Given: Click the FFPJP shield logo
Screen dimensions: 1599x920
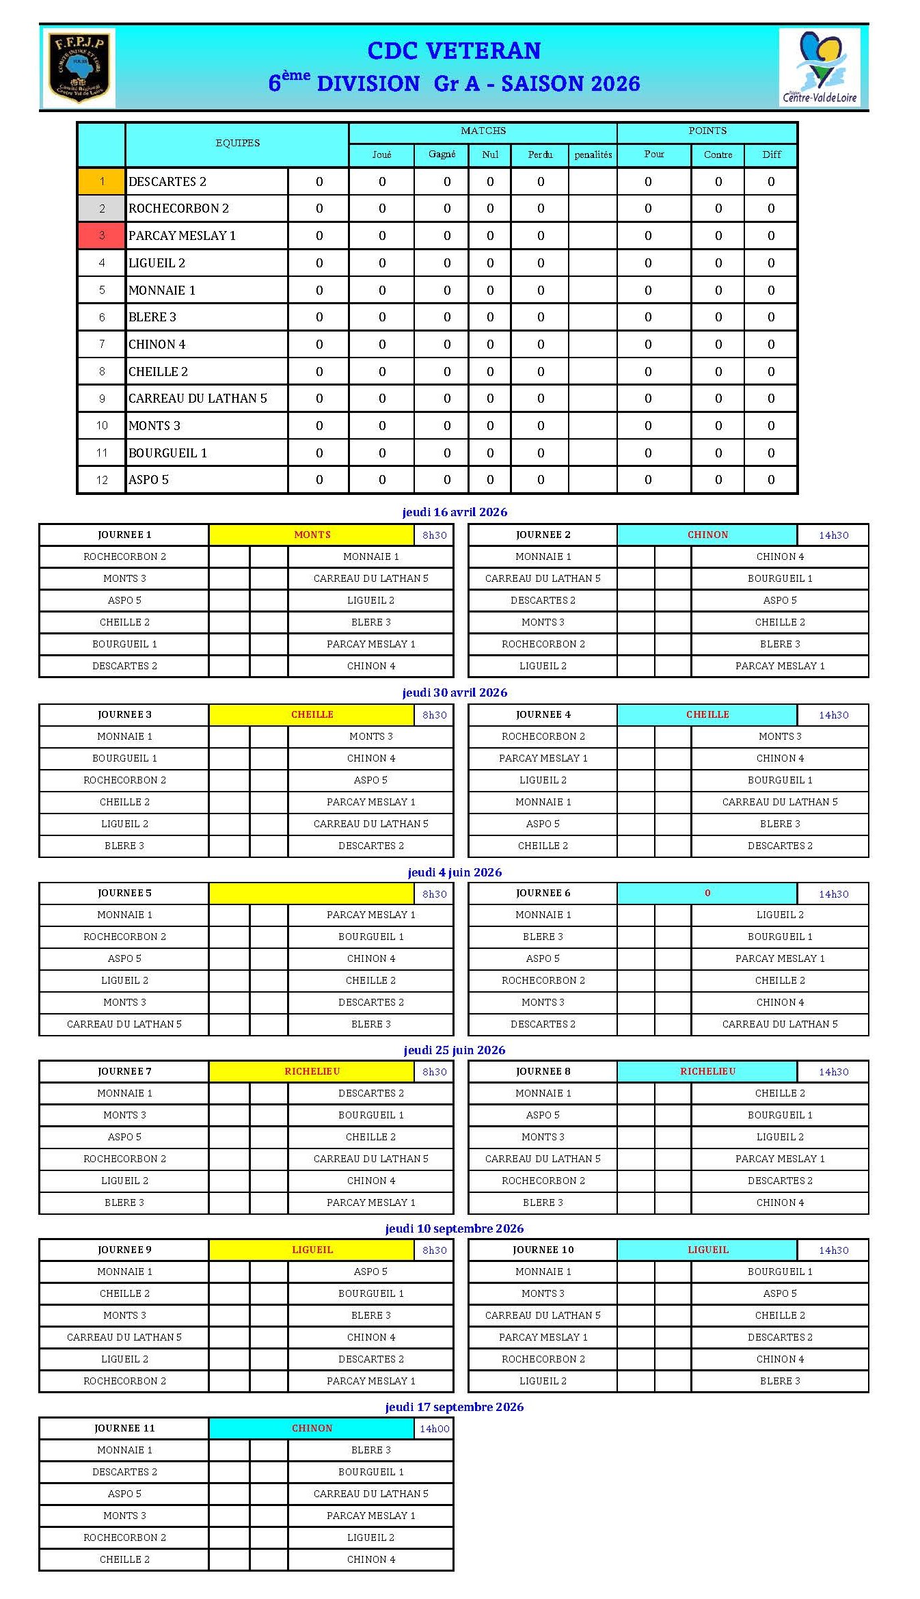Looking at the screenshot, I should [79, 68].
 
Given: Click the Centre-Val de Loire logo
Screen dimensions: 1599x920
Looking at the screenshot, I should [819, 68].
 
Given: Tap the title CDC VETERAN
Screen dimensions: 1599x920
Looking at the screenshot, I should [454, 51].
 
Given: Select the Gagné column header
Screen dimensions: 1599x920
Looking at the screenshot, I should [442, 154].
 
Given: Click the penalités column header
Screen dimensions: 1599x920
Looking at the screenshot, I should [593, 154].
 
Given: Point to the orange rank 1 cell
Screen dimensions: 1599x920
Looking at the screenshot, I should [102, 182].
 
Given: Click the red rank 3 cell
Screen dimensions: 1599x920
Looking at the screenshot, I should [102, 236].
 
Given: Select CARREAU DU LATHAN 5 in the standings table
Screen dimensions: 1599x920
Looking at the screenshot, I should [198, 399].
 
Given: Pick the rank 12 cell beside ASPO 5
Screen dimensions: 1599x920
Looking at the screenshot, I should [102, 480].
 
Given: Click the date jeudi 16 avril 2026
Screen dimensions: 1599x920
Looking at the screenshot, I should [455, 512].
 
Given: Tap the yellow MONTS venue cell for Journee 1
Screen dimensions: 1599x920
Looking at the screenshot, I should [312, 535].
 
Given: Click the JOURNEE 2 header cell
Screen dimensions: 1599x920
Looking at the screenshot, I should [543, 535].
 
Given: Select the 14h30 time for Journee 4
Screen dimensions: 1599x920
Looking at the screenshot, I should [833, 715].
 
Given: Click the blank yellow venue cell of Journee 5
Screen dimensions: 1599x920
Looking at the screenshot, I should [312, 893].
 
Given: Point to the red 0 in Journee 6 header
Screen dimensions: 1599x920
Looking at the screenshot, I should [707, 893].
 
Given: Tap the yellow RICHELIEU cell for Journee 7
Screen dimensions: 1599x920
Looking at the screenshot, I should [312, 1071].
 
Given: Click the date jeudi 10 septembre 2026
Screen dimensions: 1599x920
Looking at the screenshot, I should [455, 1228].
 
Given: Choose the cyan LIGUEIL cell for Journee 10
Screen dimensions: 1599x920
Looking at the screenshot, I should [707, 1250].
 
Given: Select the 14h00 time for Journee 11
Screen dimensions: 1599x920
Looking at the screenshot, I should [434, 1429].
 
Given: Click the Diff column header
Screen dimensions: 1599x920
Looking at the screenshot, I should [771, 154].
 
